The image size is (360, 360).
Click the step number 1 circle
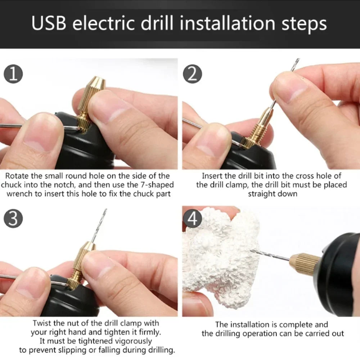(x=13, y=74)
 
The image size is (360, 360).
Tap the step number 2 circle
(x=193, y=74)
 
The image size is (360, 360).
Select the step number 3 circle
(x=13, y=219)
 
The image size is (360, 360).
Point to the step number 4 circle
(x=193, y=219)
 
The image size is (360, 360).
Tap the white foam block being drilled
(x=220, y=259)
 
